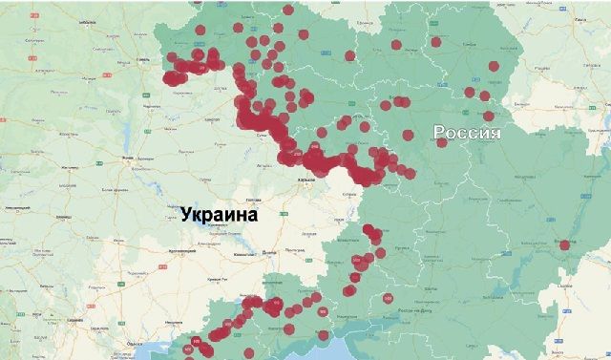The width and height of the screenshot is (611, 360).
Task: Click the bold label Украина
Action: click(x=219, y=215)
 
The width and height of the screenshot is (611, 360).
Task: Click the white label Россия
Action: click(x=467, y=134)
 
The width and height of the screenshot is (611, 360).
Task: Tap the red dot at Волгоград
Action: click(x=564, y=244)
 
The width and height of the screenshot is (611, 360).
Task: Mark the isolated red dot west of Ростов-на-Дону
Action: click(x=388, y=299)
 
